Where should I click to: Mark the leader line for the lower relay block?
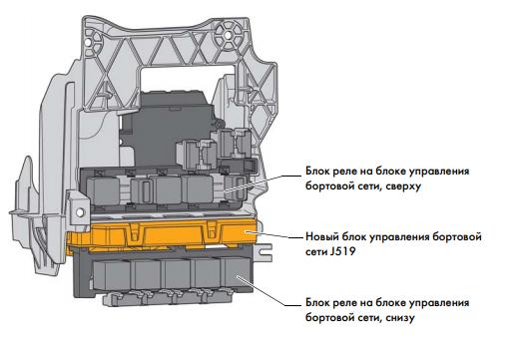[264, 287]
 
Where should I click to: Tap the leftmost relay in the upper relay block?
[106, 188]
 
